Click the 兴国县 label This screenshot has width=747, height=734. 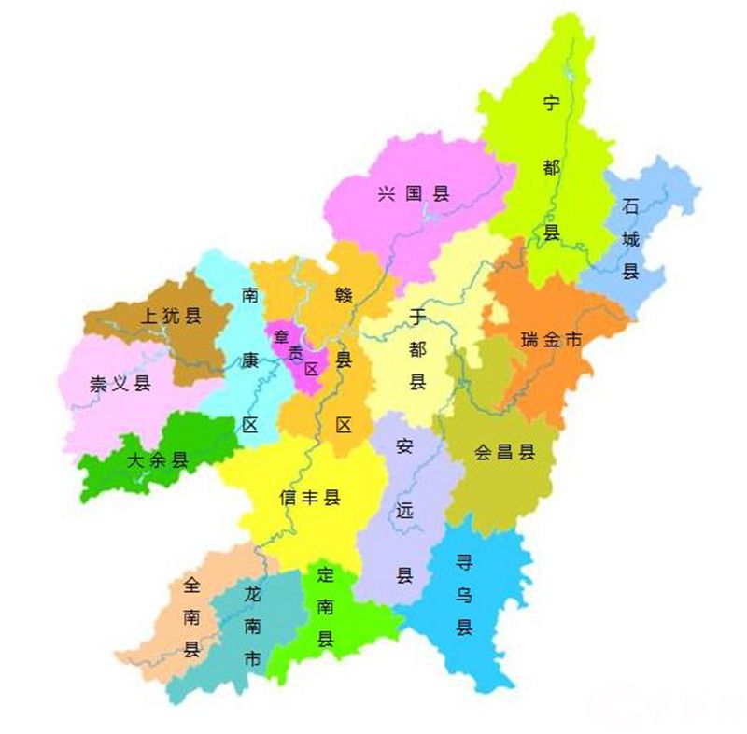tap(414, 194)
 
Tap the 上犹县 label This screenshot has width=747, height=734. tap(170, 316)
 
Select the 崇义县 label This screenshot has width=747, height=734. tap(120, 384)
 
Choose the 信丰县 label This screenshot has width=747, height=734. tap(309, 498)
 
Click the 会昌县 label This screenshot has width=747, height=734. tap(504, 453)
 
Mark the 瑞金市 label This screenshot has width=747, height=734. tap(551, 341)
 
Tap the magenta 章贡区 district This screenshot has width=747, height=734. tap(297, 353)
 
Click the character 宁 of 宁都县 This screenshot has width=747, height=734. tap(552, 105)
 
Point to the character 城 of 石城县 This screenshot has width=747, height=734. tap(631, 239)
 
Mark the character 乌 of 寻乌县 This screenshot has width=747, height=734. tap(464, 595)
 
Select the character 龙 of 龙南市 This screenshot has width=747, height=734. tap(252, 594)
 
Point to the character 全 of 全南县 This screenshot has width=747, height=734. tap(191, 586)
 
